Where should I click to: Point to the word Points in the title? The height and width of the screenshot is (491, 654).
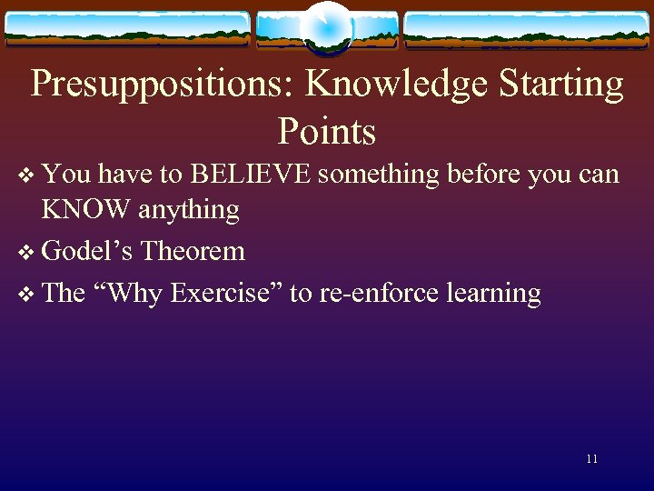(x=327, y=131)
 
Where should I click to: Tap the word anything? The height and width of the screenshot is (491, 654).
(x=189, y=210)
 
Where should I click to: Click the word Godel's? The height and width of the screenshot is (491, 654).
(x=89, y=251)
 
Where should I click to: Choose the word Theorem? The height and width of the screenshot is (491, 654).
(x=193, y=251)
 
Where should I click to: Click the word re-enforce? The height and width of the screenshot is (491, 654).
(x=372, y=293)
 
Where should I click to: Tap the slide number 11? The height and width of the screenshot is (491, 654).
(x=591, y=459)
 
